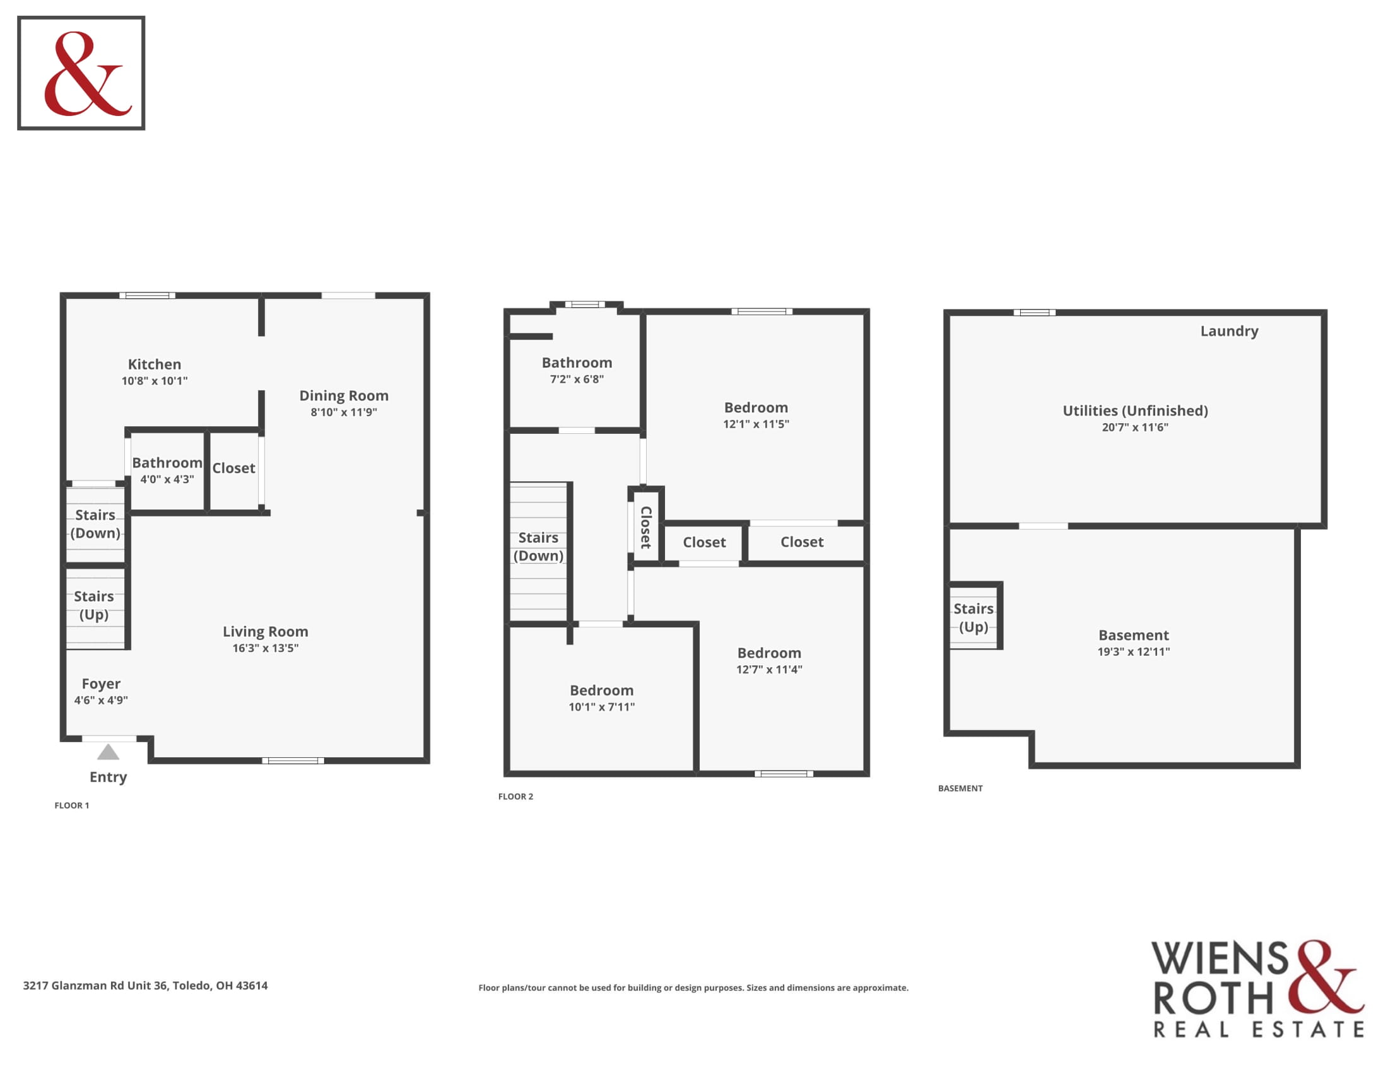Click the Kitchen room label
point(155,364)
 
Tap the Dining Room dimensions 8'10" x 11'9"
point(344,412)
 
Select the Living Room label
point(265,632)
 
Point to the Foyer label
point(101,684)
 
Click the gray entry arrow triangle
point(108,752)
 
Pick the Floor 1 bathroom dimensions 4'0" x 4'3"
point(167,479)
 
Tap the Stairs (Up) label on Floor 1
point(94,605)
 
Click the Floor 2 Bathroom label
point(577,363)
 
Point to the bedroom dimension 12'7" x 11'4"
point(769,669)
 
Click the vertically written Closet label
point(645,527)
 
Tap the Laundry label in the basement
point(1229,332)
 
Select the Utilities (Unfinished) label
point(1136,411)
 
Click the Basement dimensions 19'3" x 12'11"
point(1134,651)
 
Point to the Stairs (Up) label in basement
point(973,618)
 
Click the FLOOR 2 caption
point(515,796)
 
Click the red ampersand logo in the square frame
point(87,74)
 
